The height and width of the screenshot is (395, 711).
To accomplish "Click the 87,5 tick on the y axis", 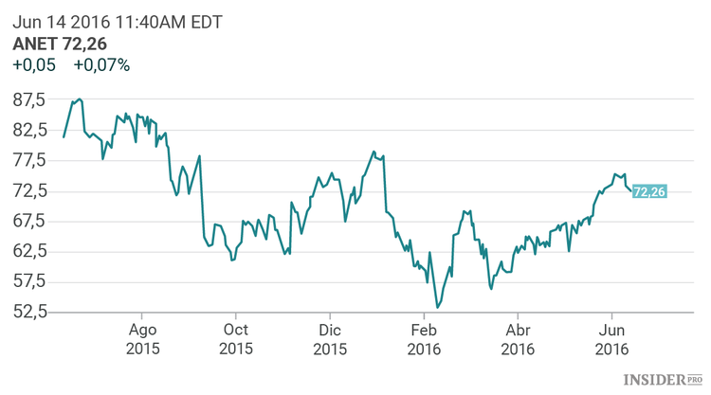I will (29, 99).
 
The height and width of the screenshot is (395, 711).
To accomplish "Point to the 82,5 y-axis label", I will (29, 130).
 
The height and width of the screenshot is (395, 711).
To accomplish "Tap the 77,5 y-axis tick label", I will (29, 160).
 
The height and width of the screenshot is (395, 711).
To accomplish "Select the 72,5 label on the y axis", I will (29, 190).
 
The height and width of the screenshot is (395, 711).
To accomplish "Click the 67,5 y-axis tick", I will (29, 221).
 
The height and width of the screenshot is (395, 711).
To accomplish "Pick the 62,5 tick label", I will (29, 251).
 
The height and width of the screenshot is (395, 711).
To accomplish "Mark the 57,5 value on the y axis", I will (29, 281).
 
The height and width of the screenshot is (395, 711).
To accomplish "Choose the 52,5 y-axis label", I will (29, 312).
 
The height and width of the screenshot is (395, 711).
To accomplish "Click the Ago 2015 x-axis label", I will (142, 339).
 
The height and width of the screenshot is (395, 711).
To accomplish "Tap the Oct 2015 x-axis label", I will (236, 339).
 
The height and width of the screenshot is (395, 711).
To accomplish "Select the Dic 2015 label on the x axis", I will (330, 339).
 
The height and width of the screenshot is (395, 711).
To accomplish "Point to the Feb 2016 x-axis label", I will (424, 339).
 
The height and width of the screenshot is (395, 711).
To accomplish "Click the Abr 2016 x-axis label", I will (518, 339).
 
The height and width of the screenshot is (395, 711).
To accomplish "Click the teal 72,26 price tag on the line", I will (649, 191).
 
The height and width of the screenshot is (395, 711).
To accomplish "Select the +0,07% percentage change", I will (101, 65).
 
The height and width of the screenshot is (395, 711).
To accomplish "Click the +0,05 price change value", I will (34, 65).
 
